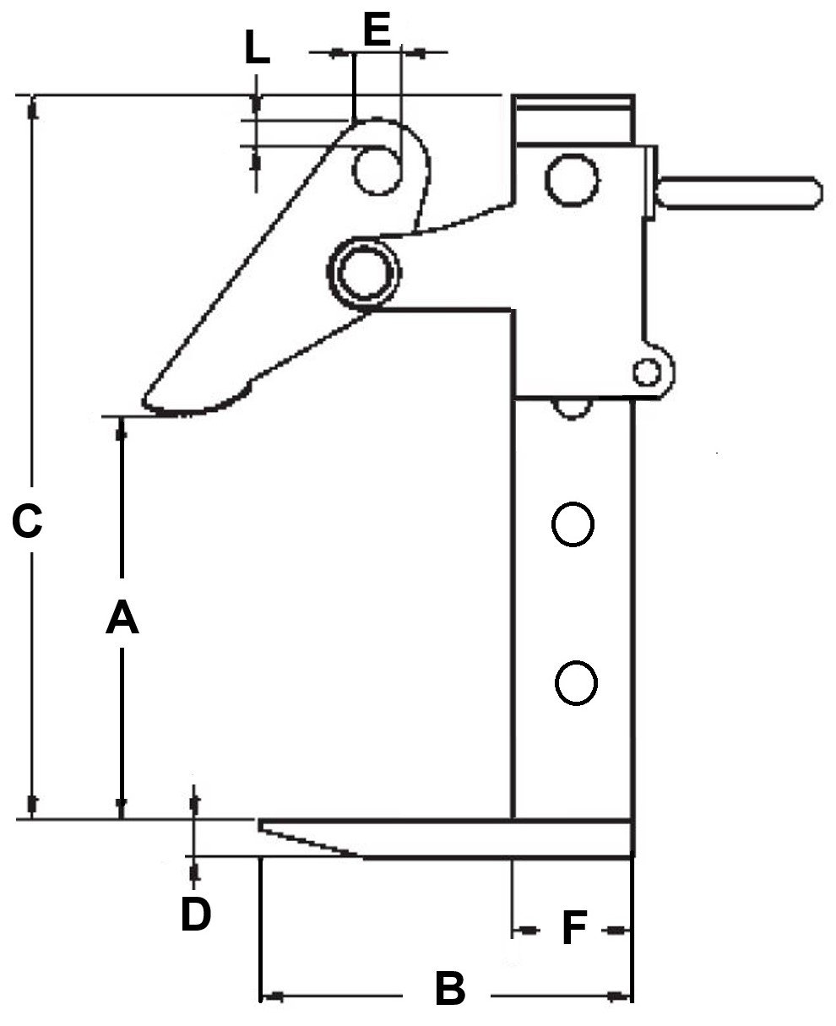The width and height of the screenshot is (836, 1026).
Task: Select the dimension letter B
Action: pos(449,989)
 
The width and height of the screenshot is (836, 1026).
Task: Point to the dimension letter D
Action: pos(195,914)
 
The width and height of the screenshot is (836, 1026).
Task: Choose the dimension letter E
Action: pos(377,30)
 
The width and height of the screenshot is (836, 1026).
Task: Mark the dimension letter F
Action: pos(574,929)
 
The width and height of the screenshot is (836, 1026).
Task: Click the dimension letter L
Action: pos(257,51)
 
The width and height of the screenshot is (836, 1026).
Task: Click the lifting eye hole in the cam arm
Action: pos(377,170)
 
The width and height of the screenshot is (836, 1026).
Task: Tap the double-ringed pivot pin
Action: pos(365,272)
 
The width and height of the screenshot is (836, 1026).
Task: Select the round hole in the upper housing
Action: pos(573,179)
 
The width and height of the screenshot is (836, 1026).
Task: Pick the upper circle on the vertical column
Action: pos(573,525)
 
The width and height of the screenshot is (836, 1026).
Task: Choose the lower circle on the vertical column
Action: pos(577,682)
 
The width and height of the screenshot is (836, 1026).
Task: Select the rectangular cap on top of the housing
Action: pos(573,118)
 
